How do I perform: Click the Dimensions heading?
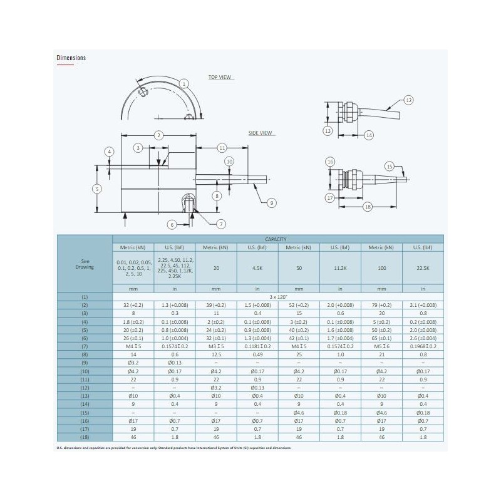(x=71, y=58)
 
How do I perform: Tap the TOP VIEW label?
(x=220, y=77)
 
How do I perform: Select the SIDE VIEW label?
(x=261, y=133)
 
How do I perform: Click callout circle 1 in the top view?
(x=183, y=83)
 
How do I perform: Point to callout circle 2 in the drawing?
(x=158, y=135)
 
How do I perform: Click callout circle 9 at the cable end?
(x=271, y=202)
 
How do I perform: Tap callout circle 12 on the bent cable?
(x=408, y=100)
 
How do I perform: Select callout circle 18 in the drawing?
(x=368, y=205)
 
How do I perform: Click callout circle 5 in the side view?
(x=96, y=189)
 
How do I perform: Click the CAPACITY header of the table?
(x=277, y=239)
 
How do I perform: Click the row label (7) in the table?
(x=85, y=346)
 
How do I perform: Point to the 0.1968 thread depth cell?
(x=423, y=346)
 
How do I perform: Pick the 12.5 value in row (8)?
(x=215, y=355)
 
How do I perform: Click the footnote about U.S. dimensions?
(x=174, y=448)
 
